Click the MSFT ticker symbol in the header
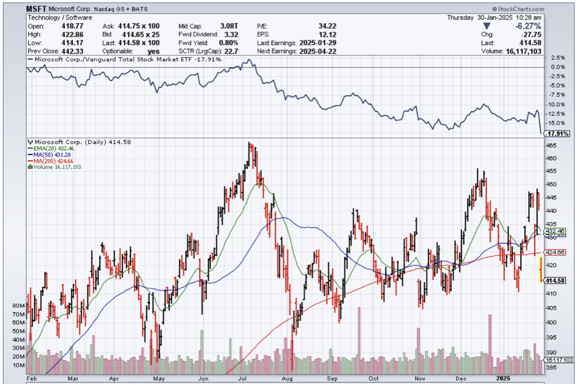pyautogui.click(x=36, y=9)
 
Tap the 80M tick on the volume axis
pyautogui.click(x=19, y=306)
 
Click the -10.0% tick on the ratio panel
pyautogui.click(x=555, y=104)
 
